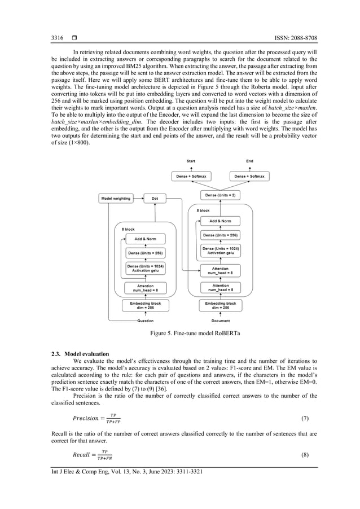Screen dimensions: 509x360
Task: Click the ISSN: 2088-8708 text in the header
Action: (x=290, y=38)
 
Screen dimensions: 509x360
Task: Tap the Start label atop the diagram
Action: (x=191, y=161)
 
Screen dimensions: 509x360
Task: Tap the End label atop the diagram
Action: (x=249, y=161)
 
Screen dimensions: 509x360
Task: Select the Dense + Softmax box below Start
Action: (x=191, y=177)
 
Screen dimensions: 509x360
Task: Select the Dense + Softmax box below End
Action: (x=249, y=177)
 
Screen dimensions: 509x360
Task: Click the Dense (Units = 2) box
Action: (x=220, y=195)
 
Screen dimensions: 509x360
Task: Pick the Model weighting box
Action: (x=115, y=199)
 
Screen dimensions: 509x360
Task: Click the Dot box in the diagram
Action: (x=155, y=199)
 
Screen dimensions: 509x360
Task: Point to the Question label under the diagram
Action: (x=145, y=321)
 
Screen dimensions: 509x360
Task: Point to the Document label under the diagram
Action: (x=220, y=321)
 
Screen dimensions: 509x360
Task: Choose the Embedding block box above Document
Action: (x=220, y=305)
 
